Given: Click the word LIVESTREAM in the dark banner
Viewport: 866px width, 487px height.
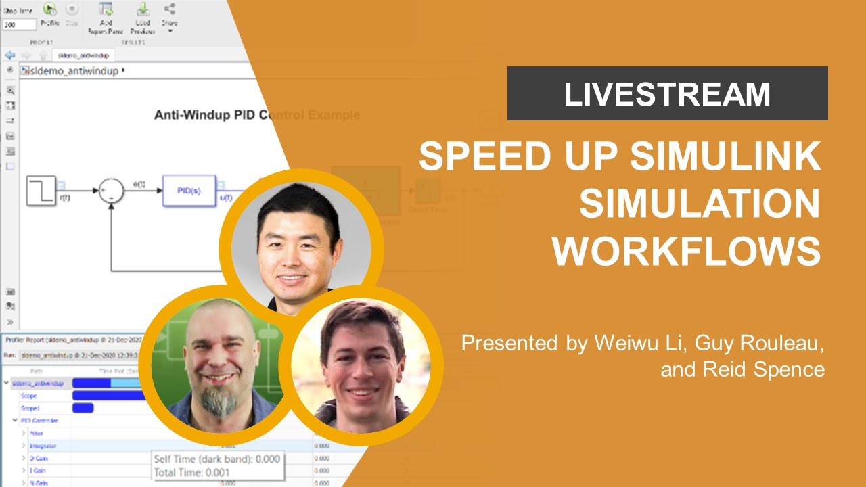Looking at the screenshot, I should [667, 94].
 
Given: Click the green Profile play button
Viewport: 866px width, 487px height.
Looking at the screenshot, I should [49, 9].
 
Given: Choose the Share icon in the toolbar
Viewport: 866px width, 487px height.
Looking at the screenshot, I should [169, 9].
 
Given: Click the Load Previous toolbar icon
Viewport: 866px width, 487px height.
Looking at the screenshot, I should [143, 9].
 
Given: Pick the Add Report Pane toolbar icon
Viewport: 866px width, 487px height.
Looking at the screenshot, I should [106, 9].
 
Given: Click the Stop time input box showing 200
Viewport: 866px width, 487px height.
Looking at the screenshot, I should [18, 24].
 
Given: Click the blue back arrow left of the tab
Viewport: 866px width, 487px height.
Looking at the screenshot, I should [9, 55].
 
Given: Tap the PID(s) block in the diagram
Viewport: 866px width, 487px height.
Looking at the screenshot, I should [189, 190].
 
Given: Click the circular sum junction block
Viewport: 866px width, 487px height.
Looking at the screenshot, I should [111, 191].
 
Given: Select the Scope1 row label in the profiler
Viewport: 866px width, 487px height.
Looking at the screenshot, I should [28, 408].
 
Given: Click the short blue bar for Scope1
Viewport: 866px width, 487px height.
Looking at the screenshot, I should [83, 408].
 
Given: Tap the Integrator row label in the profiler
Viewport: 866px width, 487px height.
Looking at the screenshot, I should [43, 446].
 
